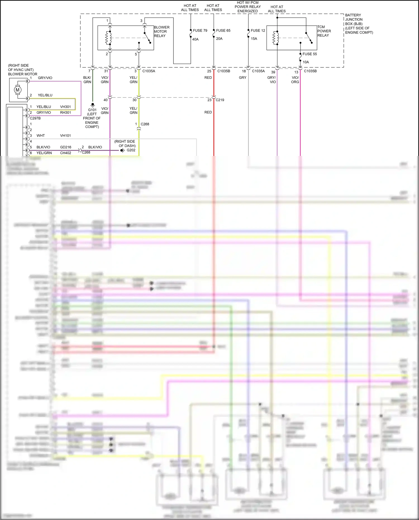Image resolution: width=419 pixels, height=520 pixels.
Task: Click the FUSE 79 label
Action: point(200,30)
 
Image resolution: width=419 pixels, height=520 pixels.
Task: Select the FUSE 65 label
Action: point(223,30)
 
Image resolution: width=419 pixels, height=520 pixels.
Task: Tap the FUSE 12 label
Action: point(258,30)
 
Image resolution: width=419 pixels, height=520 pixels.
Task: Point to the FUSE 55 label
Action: point(310,54)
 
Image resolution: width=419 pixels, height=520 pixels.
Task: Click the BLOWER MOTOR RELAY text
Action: point(161,32)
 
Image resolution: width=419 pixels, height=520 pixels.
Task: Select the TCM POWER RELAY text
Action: point(324,31)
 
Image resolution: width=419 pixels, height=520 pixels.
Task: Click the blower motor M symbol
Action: point(18,90)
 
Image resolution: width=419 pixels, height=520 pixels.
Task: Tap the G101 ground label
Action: point(92,110)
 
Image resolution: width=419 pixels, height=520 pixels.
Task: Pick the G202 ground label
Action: point(131,150)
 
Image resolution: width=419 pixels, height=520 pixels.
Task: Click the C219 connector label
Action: point(220,100)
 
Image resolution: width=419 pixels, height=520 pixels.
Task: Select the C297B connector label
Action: point(35,118)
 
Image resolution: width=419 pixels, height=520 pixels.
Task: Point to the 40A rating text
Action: point(195,39)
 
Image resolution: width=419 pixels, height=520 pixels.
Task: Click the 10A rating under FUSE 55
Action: point(306,62)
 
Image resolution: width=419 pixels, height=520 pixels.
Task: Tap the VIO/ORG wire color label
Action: point(295,80)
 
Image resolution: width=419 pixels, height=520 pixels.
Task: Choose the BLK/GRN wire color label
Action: point(87,80)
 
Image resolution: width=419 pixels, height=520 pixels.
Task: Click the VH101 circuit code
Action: point(65,136)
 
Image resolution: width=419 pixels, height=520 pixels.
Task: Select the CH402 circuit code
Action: point(65,153)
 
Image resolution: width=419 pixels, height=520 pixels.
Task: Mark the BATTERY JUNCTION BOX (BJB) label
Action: point(359,24)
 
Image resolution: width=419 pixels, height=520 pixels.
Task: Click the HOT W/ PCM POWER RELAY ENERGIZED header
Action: point(247,7)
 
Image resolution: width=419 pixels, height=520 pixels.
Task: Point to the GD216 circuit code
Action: point(65,147)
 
